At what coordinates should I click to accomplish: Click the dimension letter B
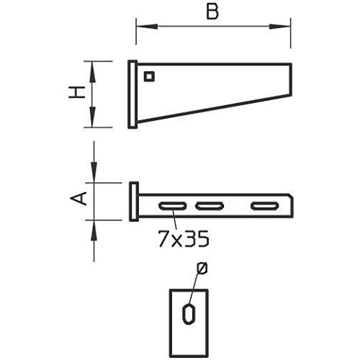211,12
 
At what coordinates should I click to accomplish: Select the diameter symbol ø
202,268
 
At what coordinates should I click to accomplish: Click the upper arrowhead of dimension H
94,67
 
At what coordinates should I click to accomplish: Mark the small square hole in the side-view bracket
150,76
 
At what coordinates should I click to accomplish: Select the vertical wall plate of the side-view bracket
133,94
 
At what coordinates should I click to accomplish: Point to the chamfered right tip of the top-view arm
289,199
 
